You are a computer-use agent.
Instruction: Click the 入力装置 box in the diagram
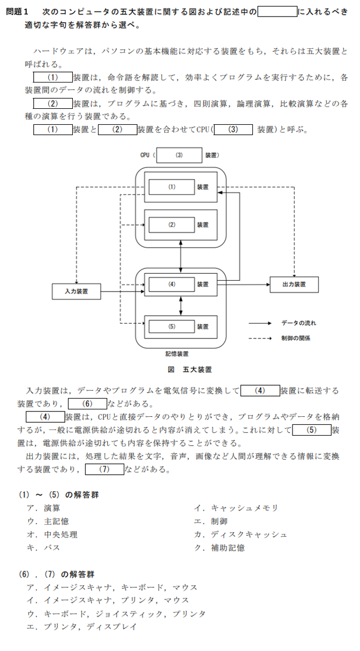pyautogui.click(x=77, y=291)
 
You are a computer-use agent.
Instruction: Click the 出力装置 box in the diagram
pyautogui.click(x=294, y=284)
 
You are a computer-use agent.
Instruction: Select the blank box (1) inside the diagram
pyautogui.click(x=172, y=187)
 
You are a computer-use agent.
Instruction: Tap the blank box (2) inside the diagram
pyautogui.click(x=172, y=225)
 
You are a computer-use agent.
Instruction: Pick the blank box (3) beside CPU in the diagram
pyautogui.click(x=179, y=155)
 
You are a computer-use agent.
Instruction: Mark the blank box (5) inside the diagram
pyautogui.click(x=172, y=326)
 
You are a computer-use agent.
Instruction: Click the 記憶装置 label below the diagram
pyautogui.click(x=177, y=354)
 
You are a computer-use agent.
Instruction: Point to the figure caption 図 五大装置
pyautogui.click(x=190, y=369)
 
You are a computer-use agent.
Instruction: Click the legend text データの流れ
pyautogui.click(x=299, y=324)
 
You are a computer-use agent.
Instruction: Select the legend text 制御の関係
pyautogui.click(x=296, y=338)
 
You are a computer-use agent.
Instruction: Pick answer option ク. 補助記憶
pyautogui.click(x=220, y=548)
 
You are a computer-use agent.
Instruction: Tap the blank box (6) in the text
pyautogui.click(x=88, y=404)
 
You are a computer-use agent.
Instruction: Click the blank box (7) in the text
pyautogui.click(x=104, y=469)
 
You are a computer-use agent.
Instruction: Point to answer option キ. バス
pyautogui.click(x=44, y=548)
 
